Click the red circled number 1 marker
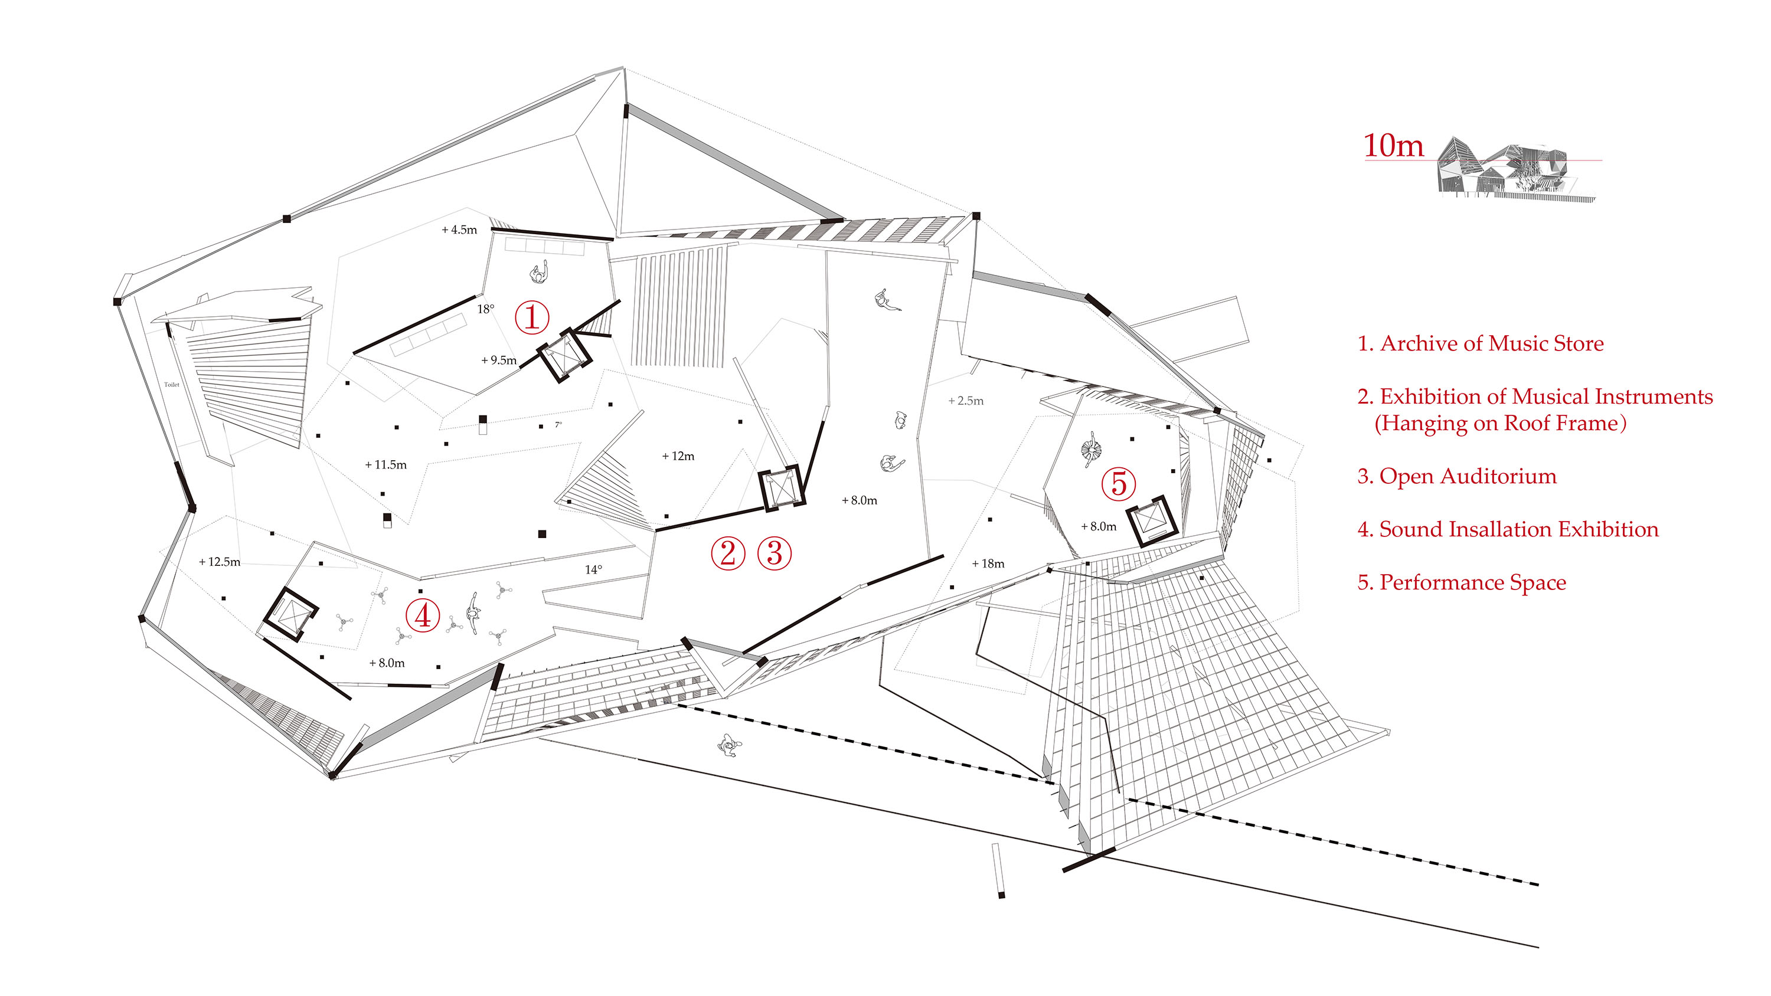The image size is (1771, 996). click(531, 317)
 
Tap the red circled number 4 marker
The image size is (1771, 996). click(422, 614)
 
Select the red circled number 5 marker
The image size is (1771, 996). click(1119, 483)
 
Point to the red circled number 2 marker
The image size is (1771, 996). click(727, 553)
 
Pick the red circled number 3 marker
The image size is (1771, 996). click(774, 553)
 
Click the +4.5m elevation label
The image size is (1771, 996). click(459, 230)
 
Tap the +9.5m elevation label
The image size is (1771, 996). click(498, 360)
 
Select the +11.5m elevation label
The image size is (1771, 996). click(385, 465)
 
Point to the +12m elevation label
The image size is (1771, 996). click(678, 456)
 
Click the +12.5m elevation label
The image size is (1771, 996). click(220, 562)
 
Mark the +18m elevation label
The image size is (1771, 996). click(988, 563)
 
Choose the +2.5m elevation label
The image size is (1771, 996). click(965, 401)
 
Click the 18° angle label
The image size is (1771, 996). click(485, 309)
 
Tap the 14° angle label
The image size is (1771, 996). click(593, 569)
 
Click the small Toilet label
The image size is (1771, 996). click(171, 385)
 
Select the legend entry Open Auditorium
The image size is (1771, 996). click(1456, 476)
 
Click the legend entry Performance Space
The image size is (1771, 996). click(1461, 582)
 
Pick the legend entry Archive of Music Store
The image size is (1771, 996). click(1479, 343)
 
